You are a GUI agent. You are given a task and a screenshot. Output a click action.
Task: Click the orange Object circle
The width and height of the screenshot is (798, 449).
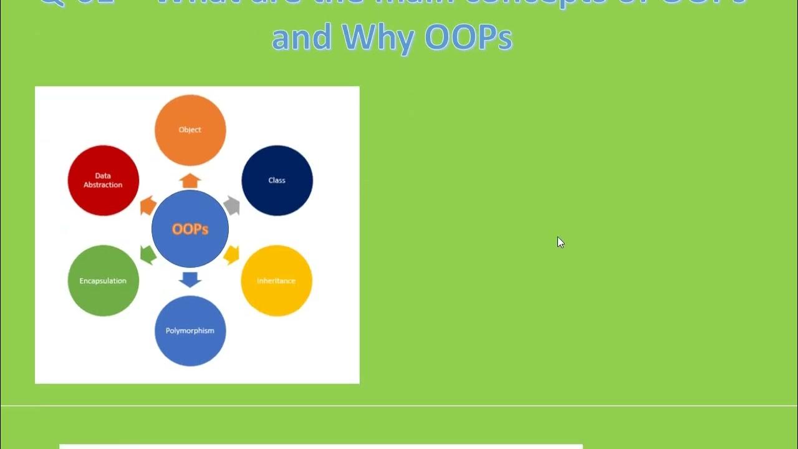(x=190, y=130)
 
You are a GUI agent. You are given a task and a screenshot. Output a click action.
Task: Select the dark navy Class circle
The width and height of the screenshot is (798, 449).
(x=277, y=180)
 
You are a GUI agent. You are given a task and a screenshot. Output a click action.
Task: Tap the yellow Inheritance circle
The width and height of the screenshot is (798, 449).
(x=276, y=281)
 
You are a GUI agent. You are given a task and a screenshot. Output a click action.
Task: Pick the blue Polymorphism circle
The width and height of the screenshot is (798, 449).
(x=190, y=331)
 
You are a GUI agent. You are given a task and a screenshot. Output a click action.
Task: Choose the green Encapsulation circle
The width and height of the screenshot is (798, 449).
(x=103, y=281)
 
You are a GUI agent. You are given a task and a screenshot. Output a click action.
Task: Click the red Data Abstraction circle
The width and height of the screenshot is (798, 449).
(x=103, y=180)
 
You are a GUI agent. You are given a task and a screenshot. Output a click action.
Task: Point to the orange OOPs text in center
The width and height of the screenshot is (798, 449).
(x=190, y=229)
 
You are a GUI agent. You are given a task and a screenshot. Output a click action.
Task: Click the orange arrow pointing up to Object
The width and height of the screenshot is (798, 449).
(x=190, y=181)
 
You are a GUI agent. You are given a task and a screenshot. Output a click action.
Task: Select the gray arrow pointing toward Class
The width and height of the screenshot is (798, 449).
(x=232, y=205)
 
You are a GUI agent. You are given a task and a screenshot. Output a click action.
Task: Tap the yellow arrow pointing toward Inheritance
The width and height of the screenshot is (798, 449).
(x=232, y=254)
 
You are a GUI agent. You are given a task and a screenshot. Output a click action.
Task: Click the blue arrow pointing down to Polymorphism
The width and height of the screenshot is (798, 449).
(x=190, y=279)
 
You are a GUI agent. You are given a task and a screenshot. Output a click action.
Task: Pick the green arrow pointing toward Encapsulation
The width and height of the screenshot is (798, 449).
(x=148, y=254)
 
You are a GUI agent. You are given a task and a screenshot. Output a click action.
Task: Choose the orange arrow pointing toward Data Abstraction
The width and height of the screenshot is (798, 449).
(x=148, y=205)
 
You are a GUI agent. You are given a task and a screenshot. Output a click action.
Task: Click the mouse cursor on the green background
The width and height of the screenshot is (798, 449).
(x=560, y=243)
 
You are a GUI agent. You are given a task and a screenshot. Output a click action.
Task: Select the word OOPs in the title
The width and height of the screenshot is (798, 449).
(x=468, y=38)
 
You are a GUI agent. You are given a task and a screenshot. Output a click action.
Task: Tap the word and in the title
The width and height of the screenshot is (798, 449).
(x=302, y=38)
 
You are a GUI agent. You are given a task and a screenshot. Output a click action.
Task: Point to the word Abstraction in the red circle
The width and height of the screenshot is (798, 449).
(x=103, y=185)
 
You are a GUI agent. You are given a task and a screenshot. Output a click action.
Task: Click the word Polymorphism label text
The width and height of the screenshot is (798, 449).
(x=190, y=331)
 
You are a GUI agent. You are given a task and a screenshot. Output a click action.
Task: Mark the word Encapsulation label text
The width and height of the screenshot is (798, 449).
(x=103, y=281)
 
